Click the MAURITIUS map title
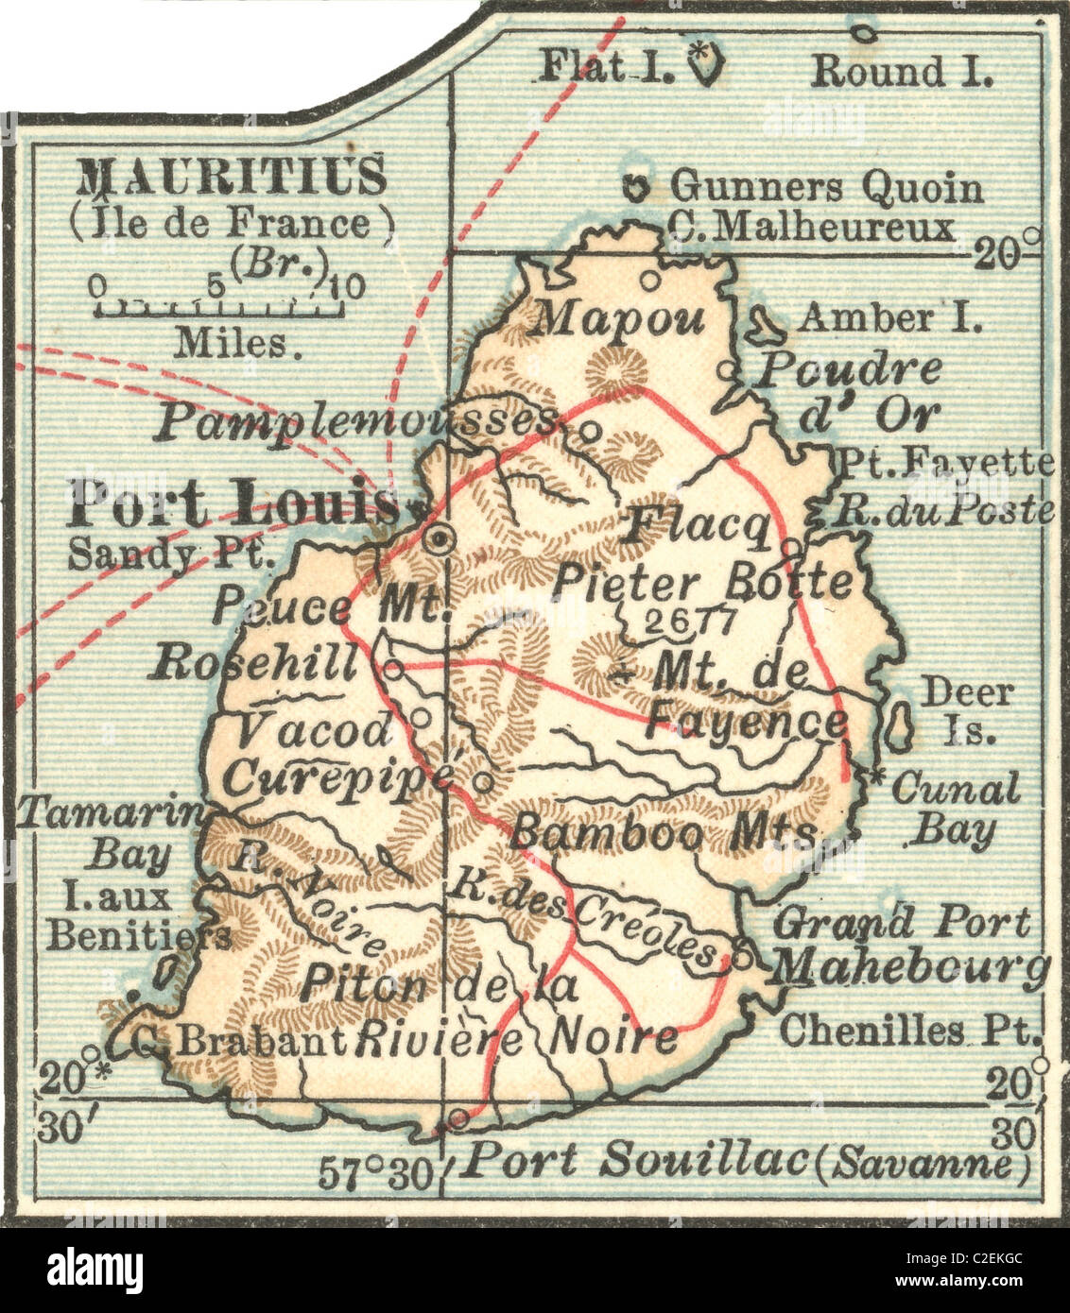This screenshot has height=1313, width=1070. point(232,176)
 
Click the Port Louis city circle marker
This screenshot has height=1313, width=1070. point(439,539)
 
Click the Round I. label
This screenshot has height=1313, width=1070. point(902,71)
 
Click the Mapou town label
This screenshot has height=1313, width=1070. point(619,319)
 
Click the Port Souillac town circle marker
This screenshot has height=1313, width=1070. point(458,1119)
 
